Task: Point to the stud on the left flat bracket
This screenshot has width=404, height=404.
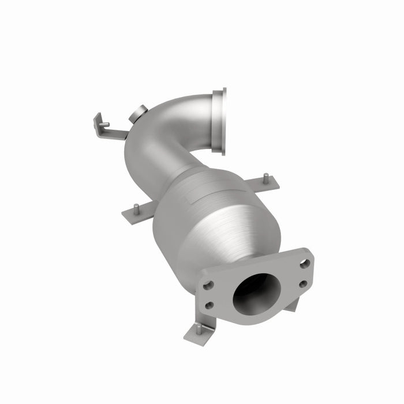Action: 136,208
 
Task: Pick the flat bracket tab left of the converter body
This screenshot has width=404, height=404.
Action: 137,215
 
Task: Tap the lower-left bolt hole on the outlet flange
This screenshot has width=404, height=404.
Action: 210,305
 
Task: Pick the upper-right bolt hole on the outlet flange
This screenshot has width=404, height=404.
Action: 304,263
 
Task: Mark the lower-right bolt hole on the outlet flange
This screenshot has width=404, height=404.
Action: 302,283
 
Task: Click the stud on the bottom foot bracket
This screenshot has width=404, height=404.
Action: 199,328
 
